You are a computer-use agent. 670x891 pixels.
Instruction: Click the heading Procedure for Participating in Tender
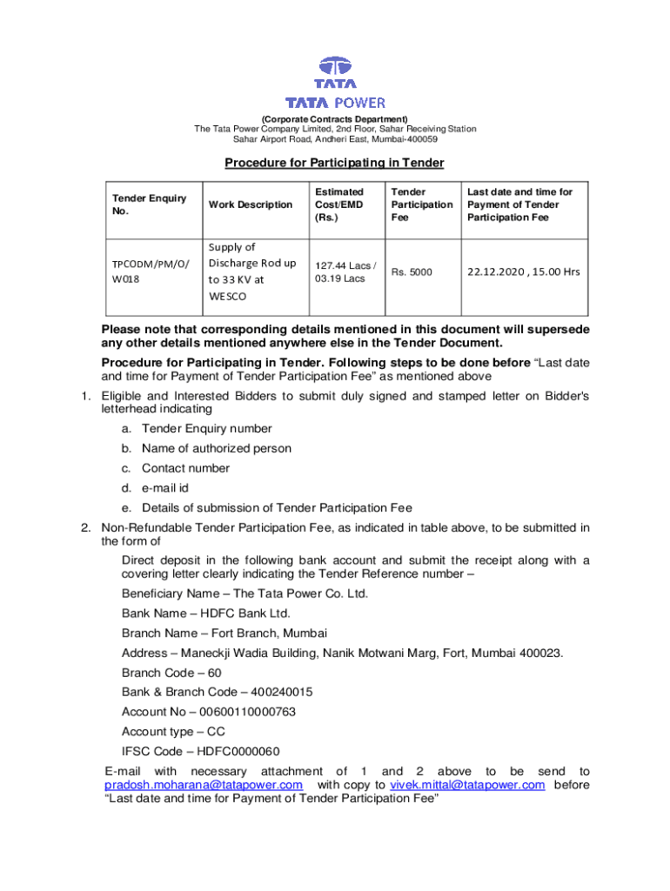pos(334,163)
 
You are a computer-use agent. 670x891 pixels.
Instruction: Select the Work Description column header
pos(249,204)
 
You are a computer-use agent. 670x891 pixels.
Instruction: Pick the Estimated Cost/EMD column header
pos(339,204)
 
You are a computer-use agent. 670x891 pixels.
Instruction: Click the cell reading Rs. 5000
pos(411,272)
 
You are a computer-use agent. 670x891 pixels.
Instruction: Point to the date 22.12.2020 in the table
pos(495,271)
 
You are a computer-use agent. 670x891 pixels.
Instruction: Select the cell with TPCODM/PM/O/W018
pos(142,271)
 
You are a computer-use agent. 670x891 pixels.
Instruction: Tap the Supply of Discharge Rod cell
pos(251,271)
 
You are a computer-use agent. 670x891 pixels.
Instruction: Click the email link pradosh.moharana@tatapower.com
pos(204,785)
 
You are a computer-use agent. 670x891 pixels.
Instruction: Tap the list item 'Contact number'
pos(185,468)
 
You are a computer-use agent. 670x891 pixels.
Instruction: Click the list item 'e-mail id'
pos(165,488)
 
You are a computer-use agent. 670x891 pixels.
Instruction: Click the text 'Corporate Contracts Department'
pos(335,118)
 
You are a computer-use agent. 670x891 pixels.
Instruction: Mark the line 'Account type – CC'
pos(173,732)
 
